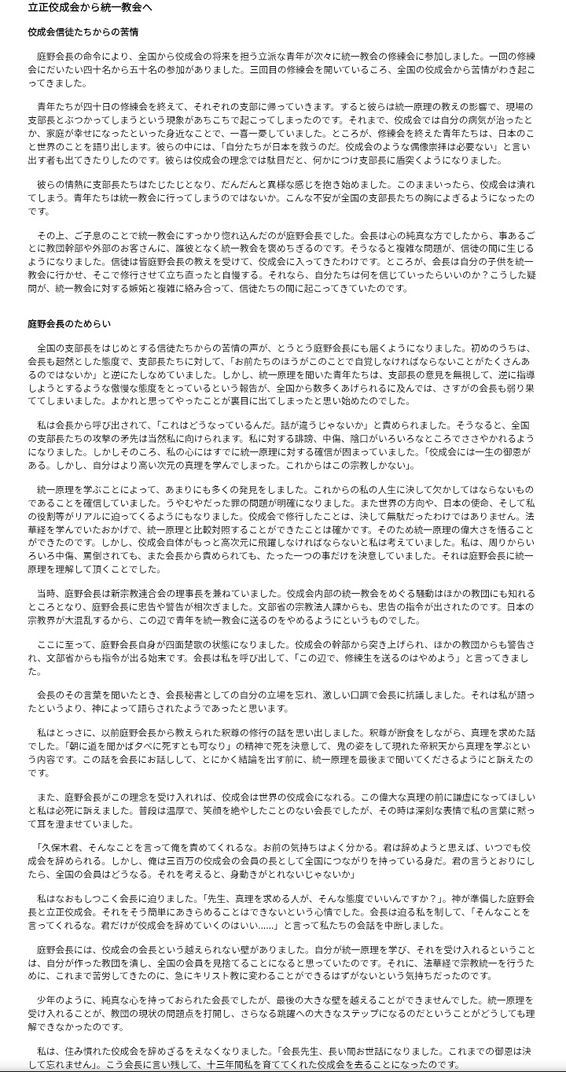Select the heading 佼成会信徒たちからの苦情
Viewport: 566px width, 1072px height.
[x=83, y=33]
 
